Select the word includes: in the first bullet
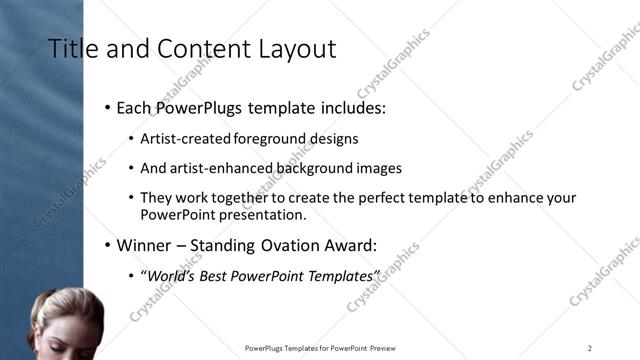pyautogui.click(x=349, y=107)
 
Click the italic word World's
pyautogui.click(x=172, y=275)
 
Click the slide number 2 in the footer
pyautogui.click(x=590, y=348)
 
